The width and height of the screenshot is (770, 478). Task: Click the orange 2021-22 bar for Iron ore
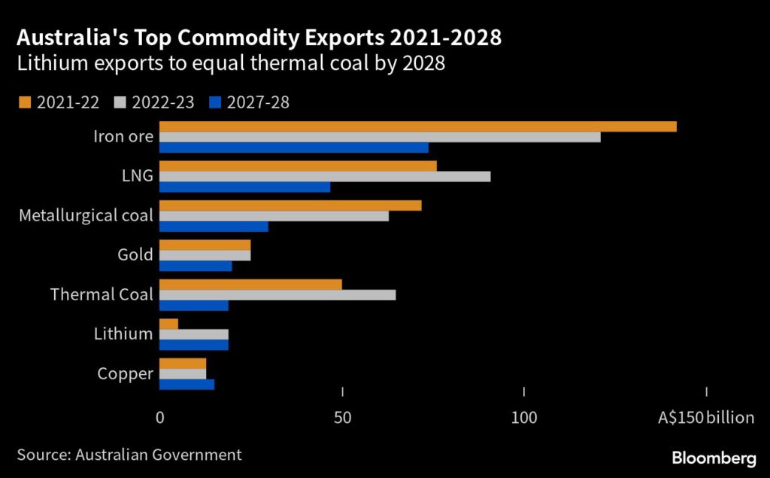418,126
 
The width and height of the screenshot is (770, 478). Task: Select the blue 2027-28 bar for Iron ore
294,148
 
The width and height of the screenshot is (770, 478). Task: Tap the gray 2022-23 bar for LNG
325,176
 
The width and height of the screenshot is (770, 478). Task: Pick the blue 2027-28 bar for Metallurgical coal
214,227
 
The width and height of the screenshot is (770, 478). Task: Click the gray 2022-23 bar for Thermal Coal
277,295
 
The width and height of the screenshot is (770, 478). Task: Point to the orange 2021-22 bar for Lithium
169,324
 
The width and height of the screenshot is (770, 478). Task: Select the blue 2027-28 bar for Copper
187,385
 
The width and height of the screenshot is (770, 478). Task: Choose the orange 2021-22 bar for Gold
205,245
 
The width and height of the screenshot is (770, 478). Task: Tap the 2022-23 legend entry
154,102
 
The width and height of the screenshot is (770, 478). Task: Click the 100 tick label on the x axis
524,417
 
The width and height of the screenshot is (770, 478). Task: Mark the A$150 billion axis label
705,417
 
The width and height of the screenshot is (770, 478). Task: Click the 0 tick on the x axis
160,417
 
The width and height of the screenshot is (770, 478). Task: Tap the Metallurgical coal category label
86,216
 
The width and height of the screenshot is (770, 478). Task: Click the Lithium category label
123,333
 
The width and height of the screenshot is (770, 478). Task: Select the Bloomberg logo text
714,458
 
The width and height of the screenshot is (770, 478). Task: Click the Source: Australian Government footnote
129,455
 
